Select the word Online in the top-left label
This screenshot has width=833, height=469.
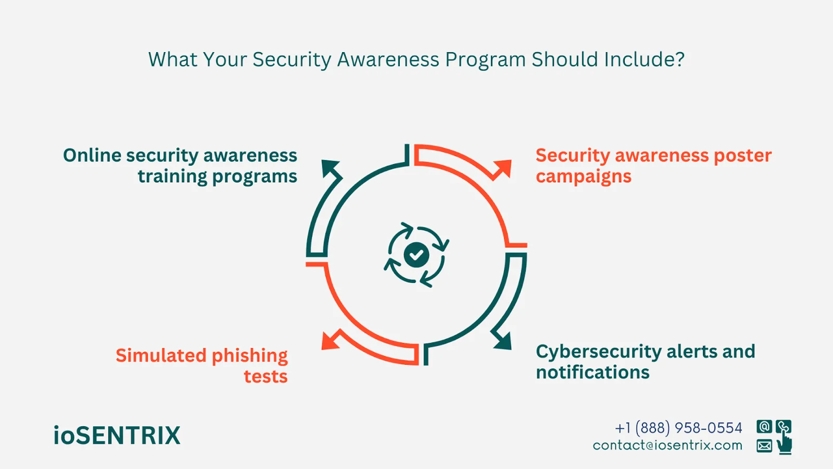[x=92, y=155]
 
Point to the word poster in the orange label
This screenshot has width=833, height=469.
[x=742, y=155]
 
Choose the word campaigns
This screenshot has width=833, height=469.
[x=583, y=177]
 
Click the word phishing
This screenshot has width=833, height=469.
[x=249, y=356]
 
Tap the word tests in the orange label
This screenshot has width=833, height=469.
[x=266, y=376]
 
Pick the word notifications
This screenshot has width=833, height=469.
[x=592, y=373]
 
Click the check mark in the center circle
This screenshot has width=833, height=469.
[x=416, y=255]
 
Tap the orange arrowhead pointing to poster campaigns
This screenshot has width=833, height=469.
[x=503, y=168]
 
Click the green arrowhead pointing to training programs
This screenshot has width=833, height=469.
[x=330, y=169]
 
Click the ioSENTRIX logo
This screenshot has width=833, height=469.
[x=117, y=436]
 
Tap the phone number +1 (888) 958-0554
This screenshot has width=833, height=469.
[x=678, y=428]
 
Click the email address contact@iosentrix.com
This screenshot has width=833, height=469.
[x=667, y=446]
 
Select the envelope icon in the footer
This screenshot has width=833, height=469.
[x=764, y=446]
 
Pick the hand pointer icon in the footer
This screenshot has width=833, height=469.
[x=785, y=444]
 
